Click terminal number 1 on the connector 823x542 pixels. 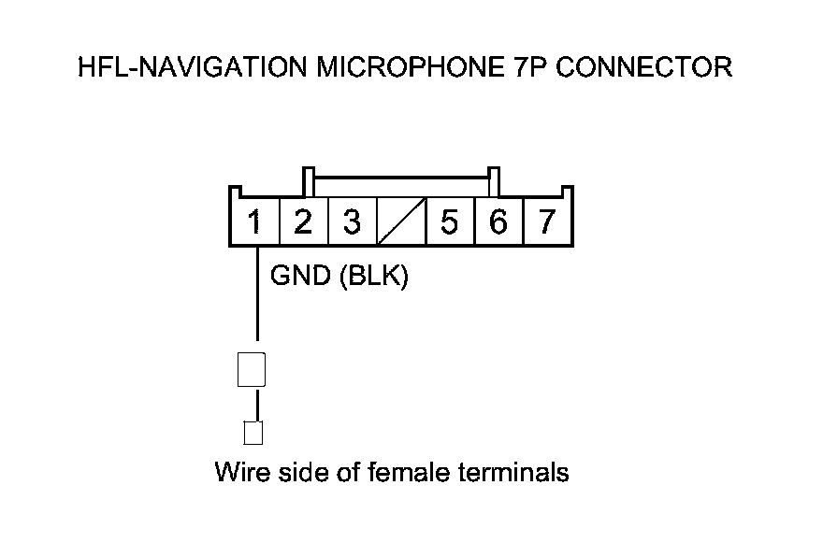coord(254,222)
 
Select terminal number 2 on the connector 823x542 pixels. coord(302,222)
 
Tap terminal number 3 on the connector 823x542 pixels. coord(351,222)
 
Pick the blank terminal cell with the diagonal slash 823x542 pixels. coord(400,222)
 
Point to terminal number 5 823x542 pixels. coord(450,222)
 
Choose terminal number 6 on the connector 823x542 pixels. coord(498,222)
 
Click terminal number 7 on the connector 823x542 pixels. coord(547,222)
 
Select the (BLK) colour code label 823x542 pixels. coord(373,277)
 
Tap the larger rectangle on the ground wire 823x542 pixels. coord(252,370)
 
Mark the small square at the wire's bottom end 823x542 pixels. coord(253,433)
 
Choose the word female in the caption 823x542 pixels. coord(411,472)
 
